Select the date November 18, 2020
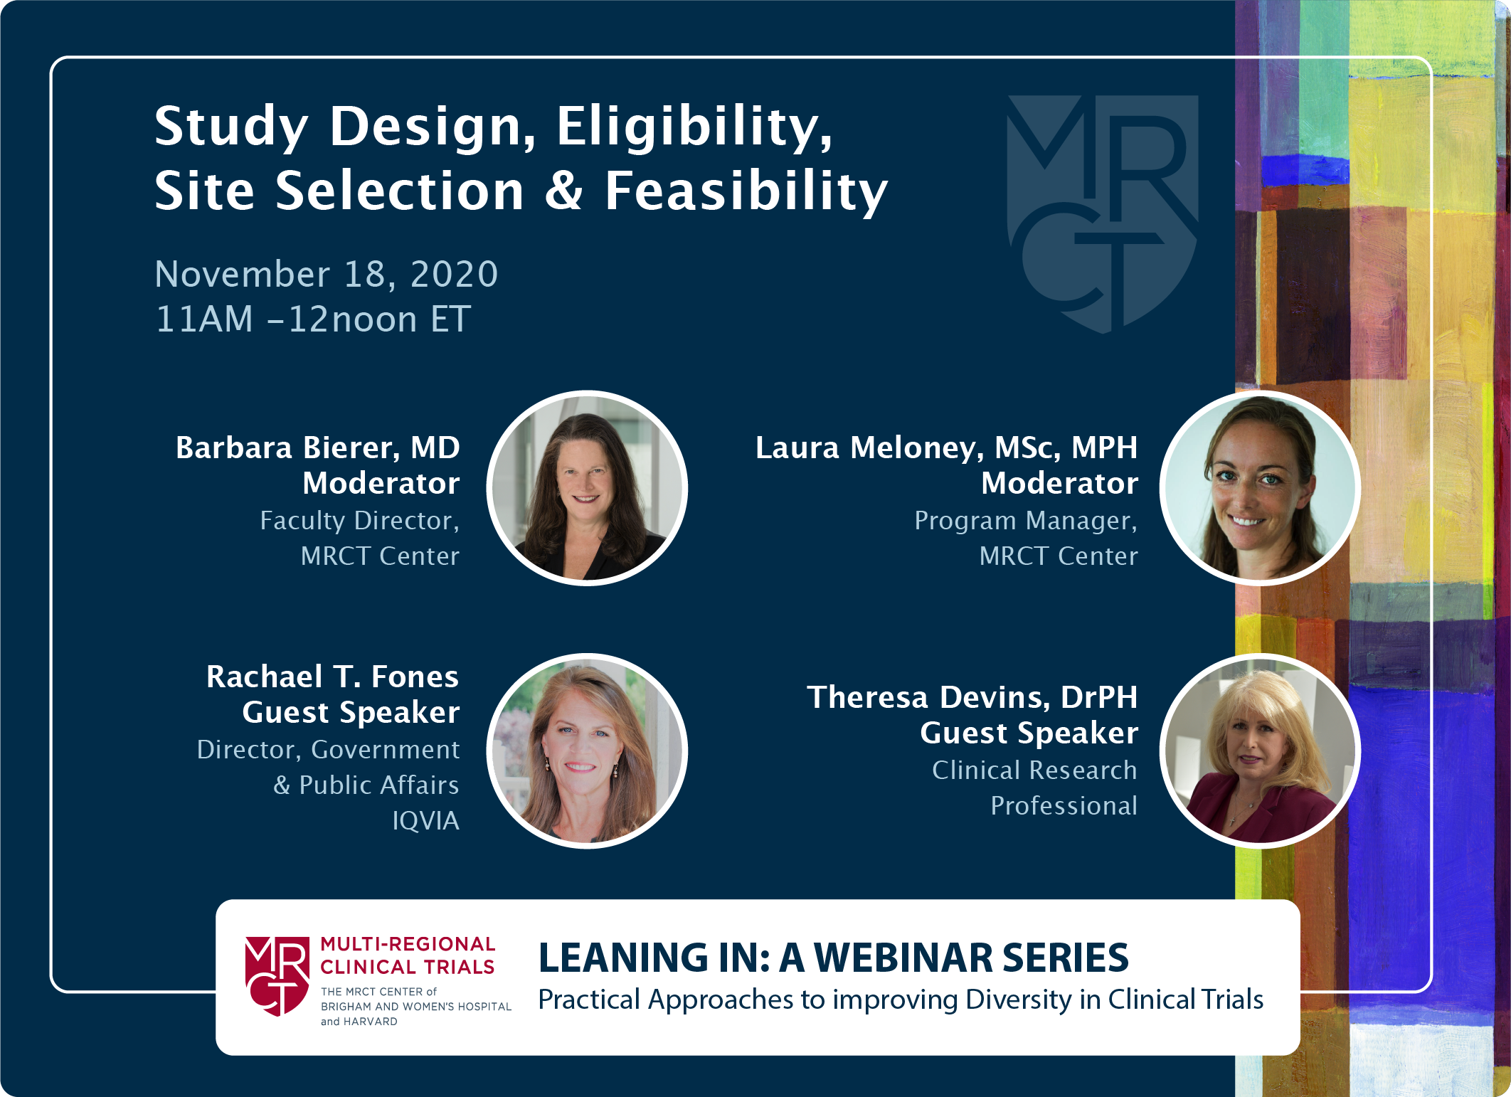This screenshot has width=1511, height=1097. pos(327,275)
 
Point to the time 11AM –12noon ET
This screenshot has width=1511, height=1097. pos(313,319)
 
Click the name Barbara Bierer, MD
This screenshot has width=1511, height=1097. pos(318,447)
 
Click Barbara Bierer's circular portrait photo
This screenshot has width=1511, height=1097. pos(587,488)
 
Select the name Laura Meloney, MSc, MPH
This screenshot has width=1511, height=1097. pos(946,447)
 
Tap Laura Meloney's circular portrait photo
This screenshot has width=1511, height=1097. pos(1260,488)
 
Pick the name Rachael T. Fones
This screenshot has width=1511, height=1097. pos(332,677)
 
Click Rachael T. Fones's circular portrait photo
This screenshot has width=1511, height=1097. pos(587,751)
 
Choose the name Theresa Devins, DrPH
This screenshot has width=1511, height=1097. pos(972,697)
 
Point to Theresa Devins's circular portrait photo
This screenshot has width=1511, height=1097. pos(1260,751)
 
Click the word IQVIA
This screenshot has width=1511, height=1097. pos(425,821)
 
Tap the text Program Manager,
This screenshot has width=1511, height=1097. pos(1026,521)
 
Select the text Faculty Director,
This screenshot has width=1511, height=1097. pos(360,521)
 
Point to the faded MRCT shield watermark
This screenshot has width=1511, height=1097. pos(1103,213)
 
